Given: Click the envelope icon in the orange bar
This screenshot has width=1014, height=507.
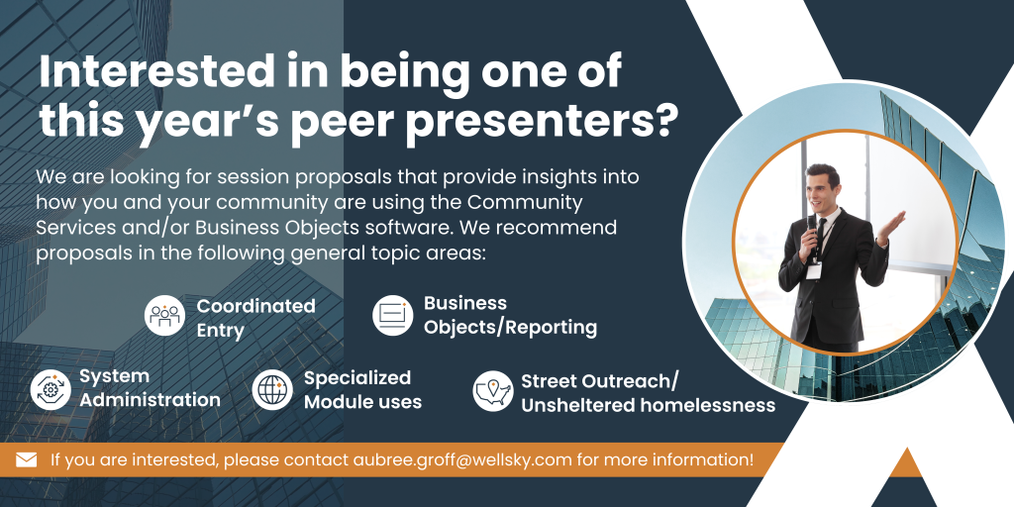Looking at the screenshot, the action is point(27,459).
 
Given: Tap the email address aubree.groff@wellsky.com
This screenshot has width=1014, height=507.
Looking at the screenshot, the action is point(463,459).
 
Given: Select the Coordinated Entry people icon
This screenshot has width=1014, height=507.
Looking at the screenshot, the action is point(164,316).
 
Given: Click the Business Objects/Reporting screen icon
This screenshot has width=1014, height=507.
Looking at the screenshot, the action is point(392,315).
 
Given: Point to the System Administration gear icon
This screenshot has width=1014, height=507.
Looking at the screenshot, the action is point(51,389).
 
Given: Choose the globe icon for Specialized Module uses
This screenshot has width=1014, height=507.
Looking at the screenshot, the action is point(272,390).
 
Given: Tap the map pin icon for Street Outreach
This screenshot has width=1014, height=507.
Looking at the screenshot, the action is point(493,390).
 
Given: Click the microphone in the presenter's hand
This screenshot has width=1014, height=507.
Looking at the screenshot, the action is point(812,229).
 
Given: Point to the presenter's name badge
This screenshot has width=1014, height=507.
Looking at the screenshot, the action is point(814,270).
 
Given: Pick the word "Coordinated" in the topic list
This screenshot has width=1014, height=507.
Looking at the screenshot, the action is point(256,305).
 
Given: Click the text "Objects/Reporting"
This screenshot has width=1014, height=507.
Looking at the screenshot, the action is point(510,327).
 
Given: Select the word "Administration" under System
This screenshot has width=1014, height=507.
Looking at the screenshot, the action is point(151,400).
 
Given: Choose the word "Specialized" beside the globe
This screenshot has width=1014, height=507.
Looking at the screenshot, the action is point(357,377).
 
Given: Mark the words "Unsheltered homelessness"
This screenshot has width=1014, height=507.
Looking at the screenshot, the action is point(649,405).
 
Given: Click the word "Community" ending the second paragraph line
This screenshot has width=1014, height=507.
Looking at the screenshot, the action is point(525,202).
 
